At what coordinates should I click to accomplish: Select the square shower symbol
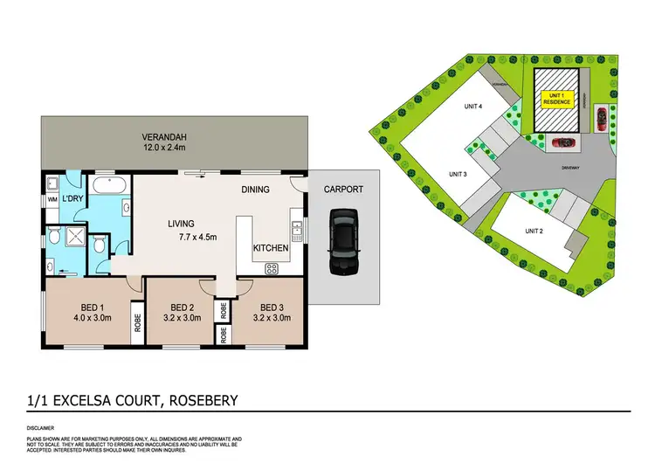(55, 238)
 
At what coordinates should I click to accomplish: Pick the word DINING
(255, 190)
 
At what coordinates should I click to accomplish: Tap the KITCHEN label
(271, 248)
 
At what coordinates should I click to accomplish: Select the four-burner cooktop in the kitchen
(297, 231)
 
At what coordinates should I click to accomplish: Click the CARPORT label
(343, 190)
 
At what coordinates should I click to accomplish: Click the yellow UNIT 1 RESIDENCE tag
(556, 98)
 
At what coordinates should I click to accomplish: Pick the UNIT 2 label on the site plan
(534, 231)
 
